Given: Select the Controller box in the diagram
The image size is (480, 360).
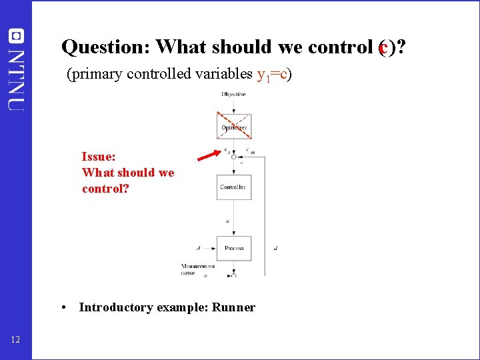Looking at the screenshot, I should click(x=233, y=187).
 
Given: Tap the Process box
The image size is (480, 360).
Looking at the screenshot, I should click(x=233, y=248).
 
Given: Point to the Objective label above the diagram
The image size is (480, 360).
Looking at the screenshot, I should click(x=233, y=94).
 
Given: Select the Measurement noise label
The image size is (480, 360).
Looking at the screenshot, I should click(x=197, y=269).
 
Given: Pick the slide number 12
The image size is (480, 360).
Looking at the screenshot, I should click(x=16, y=341).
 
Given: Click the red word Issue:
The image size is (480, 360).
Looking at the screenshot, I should click(x=99, y=157).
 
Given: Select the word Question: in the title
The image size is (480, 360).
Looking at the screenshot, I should click(x=105, y=47).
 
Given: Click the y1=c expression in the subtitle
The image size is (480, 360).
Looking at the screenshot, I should click(x=271, y=74).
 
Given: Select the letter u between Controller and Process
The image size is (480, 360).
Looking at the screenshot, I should click(x=228, y=221).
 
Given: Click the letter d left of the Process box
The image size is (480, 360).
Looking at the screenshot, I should click(x=198, y=248).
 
